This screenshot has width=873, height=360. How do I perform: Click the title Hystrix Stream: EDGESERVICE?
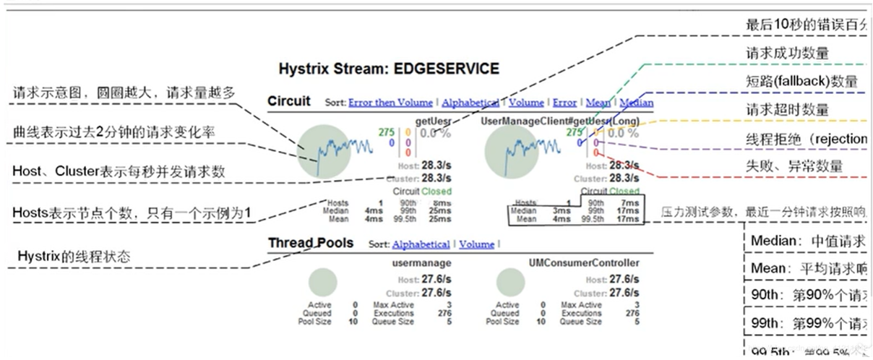[x=389, y=69]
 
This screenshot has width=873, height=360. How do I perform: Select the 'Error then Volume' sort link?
[x=391, y=103]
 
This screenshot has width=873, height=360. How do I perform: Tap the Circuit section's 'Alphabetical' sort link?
[x=470, y=103]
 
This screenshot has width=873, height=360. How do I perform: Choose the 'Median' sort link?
[x=636, y=103]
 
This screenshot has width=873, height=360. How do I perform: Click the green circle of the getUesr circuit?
[x=319, y=150]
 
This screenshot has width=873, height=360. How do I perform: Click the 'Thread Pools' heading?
[x=311, y=242]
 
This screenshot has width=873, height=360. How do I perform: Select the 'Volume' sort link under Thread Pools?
[x=476, y=244]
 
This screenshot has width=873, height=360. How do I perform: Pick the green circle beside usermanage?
[x=322, y=283]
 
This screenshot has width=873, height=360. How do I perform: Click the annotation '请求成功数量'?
[x=787, y=53]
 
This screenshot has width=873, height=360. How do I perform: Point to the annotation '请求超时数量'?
[x=787, y=110]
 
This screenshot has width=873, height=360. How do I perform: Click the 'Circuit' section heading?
[x=288, y=101]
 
